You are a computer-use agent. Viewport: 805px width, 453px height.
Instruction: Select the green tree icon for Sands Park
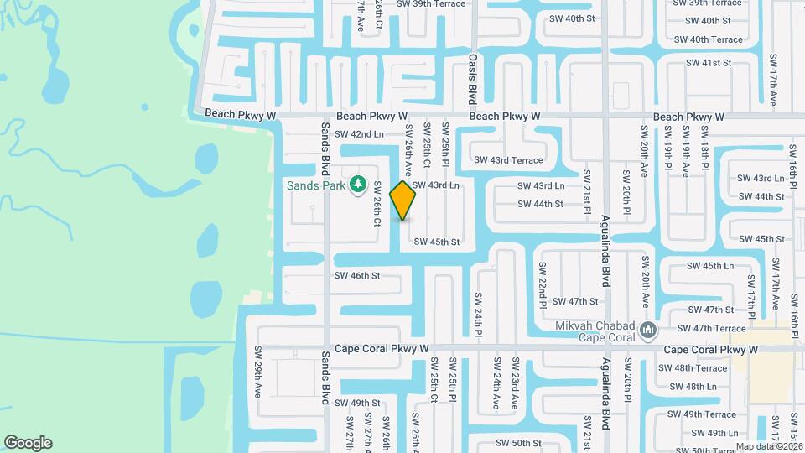point(358,183)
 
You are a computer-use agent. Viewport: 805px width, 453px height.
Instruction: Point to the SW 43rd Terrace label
point(508,160)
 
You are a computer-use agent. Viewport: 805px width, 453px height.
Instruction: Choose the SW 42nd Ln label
point(359,134)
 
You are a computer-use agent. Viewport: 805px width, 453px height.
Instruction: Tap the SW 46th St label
point(357,275)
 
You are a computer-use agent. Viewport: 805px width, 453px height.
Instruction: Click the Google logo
point(28,443)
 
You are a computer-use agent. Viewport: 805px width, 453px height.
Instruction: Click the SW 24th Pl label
point(478,315)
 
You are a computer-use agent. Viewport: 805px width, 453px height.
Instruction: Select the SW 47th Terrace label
point(711,329)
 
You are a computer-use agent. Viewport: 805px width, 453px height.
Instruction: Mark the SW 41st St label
point(709,63)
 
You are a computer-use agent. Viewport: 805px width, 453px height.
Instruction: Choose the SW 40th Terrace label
point(709,39)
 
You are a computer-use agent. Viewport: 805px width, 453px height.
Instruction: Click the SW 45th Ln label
point(710,266)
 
